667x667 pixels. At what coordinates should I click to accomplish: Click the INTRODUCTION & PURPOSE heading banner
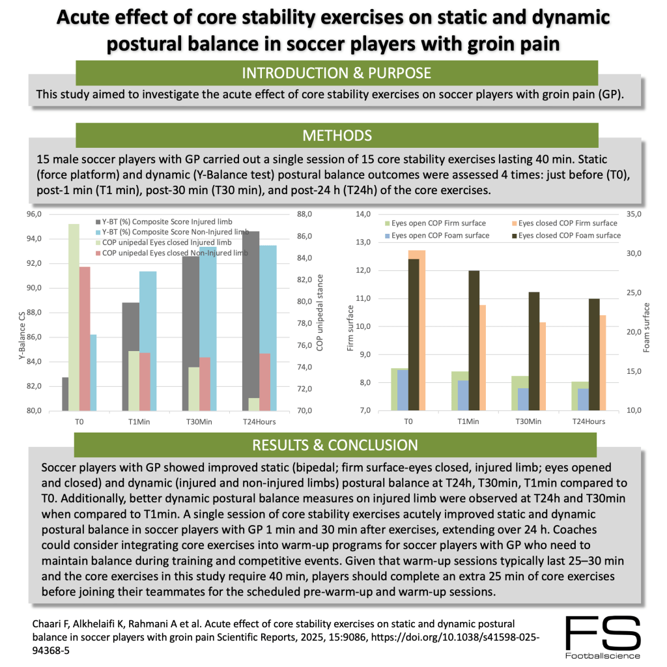(337, 72)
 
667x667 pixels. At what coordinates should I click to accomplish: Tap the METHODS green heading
(337, 135)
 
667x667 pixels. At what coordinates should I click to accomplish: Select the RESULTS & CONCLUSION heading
(337, 445)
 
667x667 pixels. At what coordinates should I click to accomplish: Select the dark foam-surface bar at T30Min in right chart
(533, 351)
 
